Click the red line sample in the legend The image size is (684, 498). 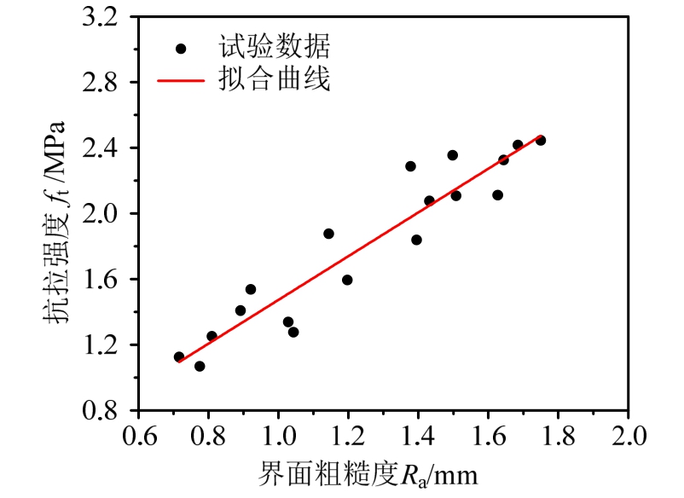(x=182, y=81)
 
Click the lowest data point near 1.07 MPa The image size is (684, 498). (x=200, y=366)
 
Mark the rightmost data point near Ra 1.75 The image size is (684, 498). (x=541, y=140)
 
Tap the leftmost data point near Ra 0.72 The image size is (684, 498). (x=179, y=357)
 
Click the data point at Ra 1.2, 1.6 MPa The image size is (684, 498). (x=347, y=280)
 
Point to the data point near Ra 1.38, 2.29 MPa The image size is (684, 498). (x=410, y=166)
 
